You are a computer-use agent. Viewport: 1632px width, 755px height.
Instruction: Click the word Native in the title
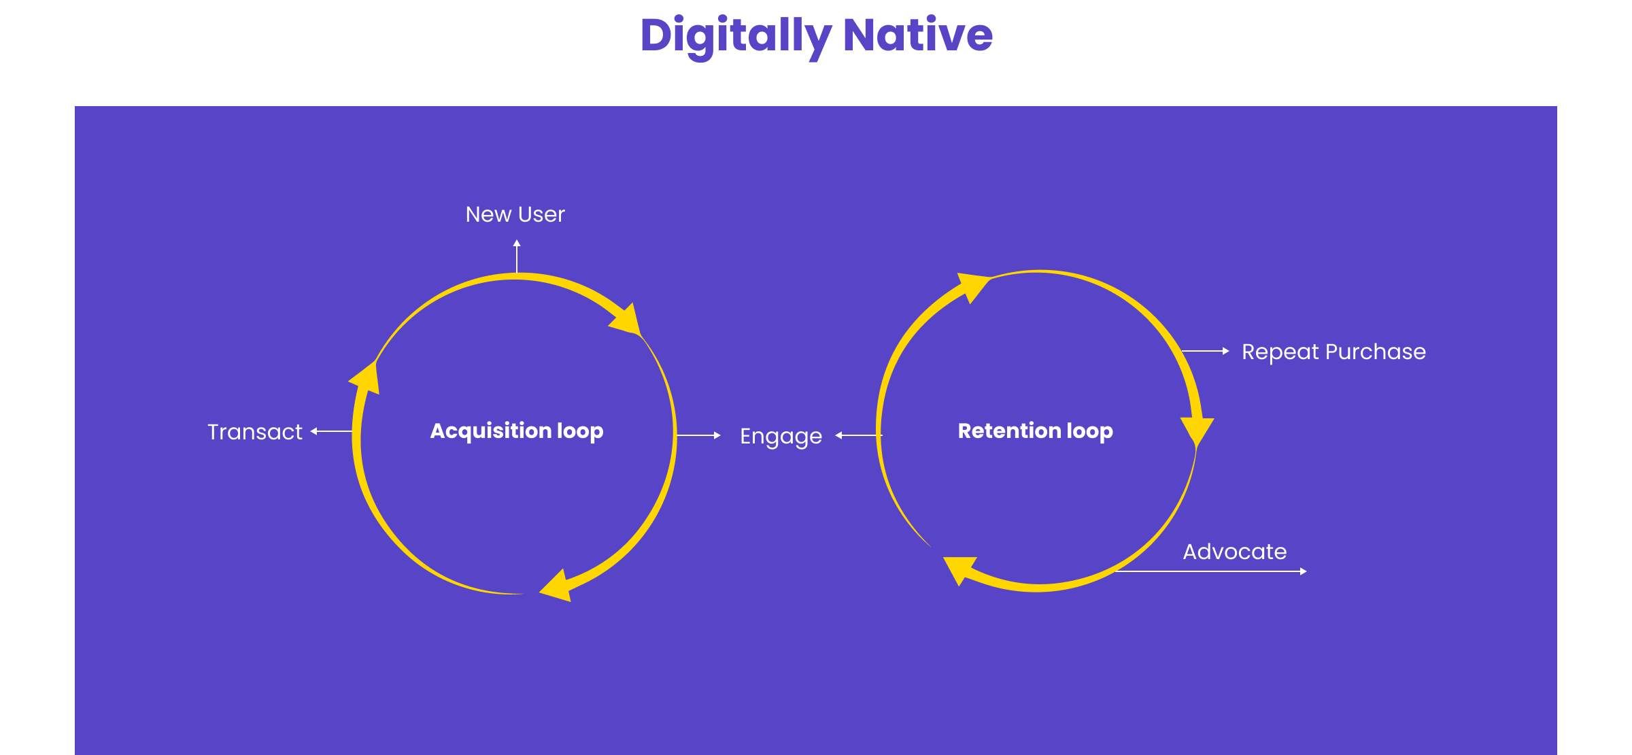pyautogui.click(x=917, y=35)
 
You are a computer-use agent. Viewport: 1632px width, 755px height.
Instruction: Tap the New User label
pyautogui.click(x=515, y=214)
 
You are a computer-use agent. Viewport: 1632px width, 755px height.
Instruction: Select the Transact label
pyautogui.click(x=254, y=432)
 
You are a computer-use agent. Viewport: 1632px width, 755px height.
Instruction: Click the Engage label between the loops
pyautogui.click(x=781, y=436)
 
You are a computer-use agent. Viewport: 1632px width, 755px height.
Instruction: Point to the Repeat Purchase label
pyautogui.click(x=1333, y=352)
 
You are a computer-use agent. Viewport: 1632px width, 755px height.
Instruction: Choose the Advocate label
pyautogui.click(x=1234, y=552)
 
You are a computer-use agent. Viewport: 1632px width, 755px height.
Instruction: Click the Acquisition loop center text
pyautogui.click(x=516, y=431)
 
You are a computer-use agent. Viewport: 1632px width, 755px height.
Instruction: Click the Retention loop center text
pyautogui.click(x=1035, y=431)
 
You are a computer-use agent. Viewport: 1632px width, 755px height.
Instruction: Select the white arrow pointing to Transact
pyautogui.click(x=331, y=431)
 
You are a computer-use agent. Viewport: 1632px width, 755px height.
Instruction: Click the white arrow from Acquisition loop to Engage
pyautogui.click(x=698, y=435)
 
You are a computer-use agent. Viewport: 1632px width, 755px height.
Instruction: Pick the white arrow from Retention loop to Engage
pyautogui.click(x=858, y=435)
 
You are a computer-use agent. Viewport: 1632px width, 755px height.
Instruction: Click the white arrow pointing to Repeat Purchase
pyautogui.click(x=1205, y=351)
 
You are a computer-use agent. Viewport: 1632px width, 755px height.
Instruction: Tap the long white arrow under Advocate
pyautogui.click(x=1210, y=571)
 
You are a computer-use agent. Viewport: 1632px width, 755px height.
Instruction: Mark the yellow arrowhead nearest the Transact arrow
pyautogui.click(x=366, y=380)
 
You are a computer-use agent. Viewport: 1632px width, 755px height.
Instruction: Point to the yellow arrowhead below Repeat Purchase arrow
pyautogui.click(x=1197, y=430)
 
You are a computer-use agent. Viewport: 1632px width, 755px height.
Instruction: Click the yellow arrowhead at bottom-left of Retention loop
pyautogui.click(x=959, y=569)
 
